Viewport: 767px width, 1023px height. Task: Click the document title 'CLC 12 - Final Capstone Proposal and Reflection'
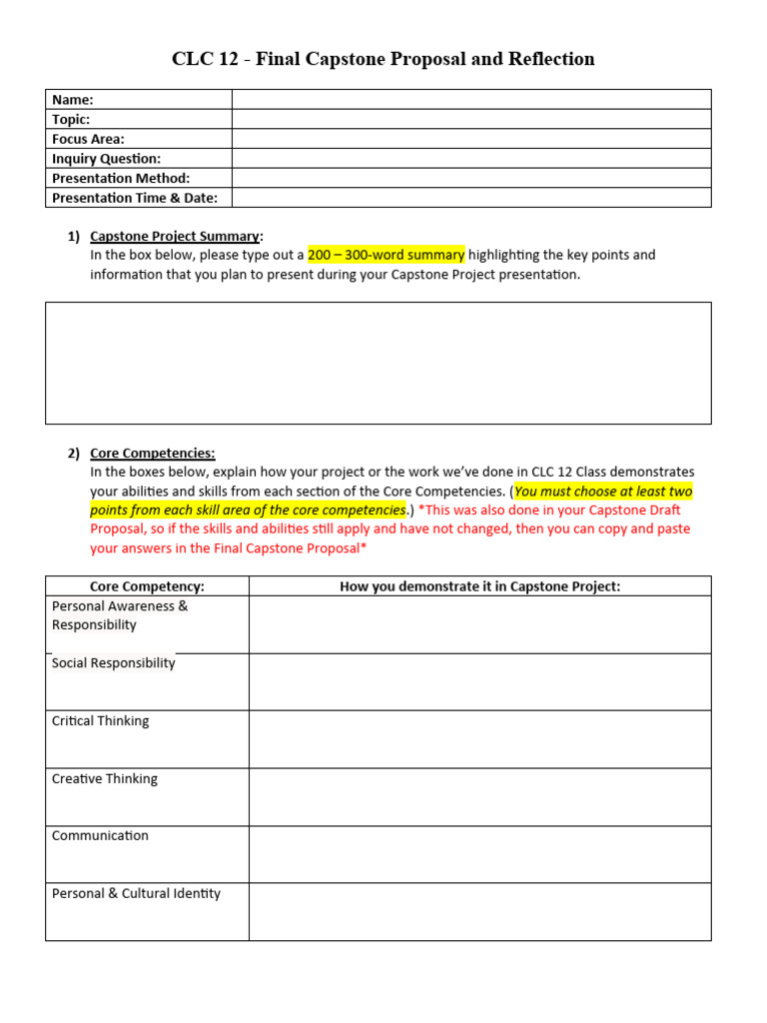tap(383, 59)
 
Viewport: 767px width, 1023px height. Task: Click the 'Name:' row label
tap(73, 100)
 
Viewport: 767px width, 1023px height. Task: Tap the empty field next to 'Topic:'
tap(471, 119)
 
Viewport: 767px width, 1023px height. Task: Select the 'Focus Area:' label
tap(88, 139)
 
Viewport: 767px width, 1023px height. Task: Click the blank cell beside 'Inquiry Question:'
tap(471, 158)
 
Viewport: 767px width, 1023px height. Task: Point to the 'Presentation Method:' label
tap(121, 178)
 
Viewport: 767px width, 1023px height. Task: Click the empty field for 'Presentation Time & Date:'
tap(471, 198)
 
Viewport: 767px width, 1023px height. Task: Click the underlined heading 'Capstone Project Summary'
tap(175, 236)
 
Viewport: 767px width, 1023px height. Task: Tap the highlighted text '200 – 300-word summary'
tap(385, 255)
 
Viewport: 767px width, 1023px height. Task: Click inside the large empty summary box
tap(379, 363)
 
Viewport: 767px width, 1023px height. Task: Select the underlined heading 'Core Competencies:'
tap(152, 453)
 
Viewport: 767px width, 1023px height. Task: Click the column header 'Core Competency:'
tap(147, 586)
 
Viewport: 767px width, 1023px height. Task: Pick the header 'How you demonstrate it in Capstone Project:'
tap(479, 586)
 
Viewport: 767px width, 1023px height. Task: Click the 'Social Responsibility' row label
tap(113, 663)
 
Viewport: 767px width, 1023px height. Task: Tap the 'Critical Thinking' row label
tap(100, 721)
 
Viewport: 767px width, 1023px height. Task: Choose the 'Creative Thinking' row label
tap(104, 779)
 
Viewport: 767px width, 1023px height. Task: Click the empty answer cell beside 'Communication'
tap(479, 854)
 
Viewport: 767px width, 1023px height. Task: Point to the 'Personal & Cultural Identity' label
tap(136, 894)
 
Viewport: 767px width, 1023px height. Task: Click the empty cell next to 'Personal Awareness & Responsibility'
tap(479, 624)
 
